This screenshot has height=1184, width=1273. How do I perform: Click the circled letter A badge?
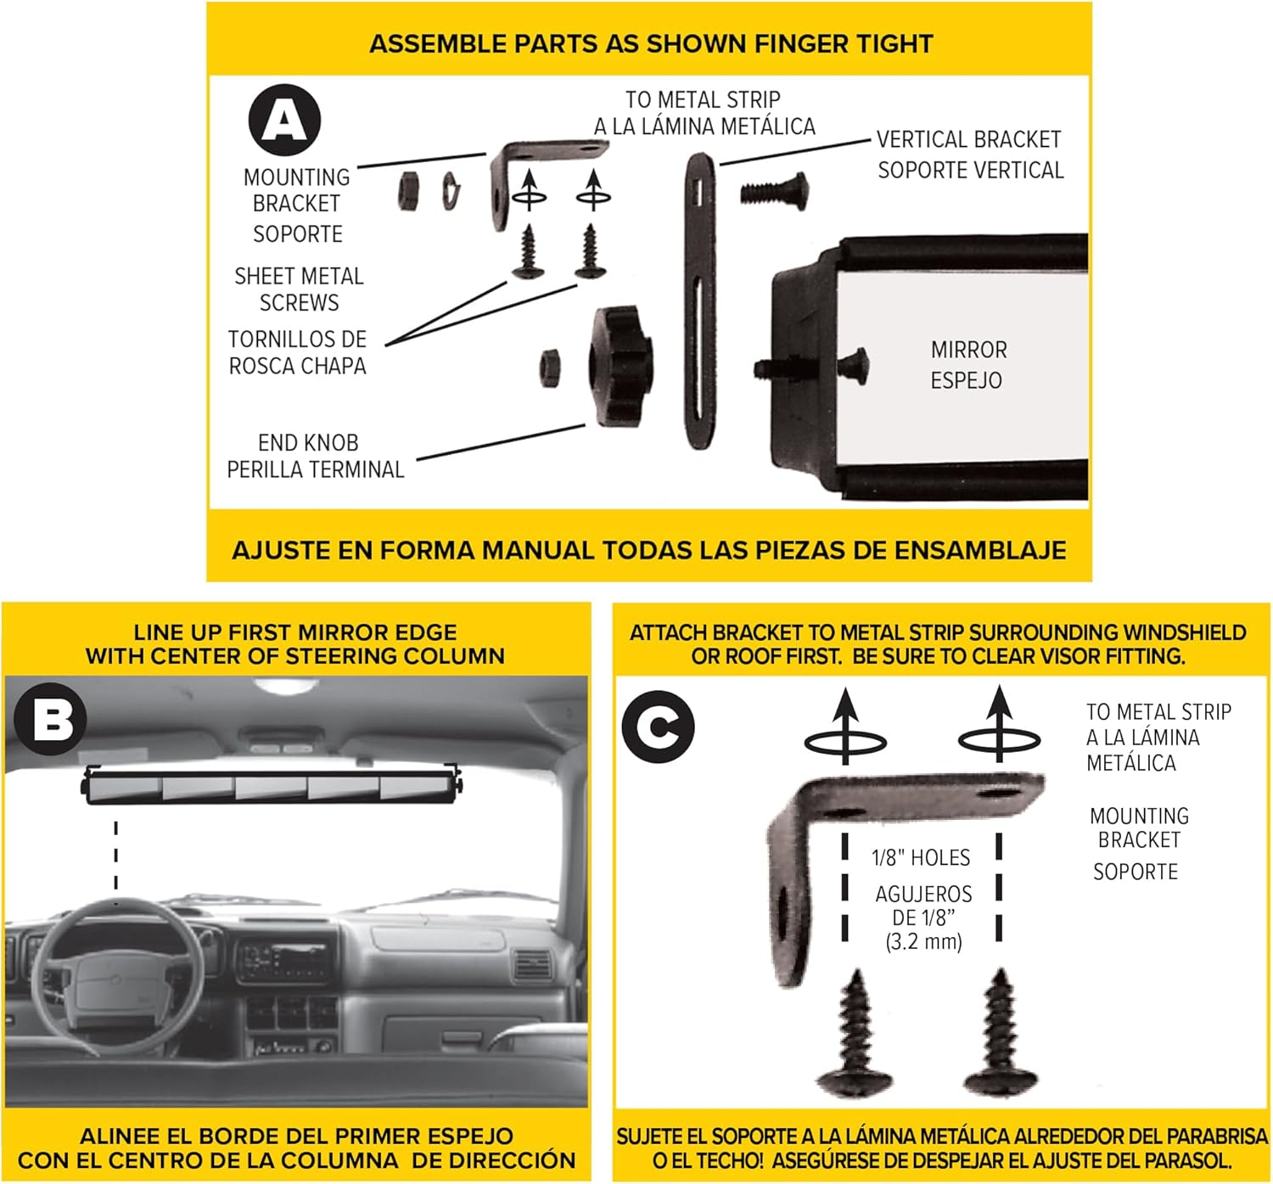pos(284,120)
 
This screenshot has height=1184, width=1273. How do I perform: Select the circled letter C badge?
pos(658,727)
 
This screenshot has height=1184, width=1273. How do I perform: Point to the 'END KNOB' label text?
pos(308,443)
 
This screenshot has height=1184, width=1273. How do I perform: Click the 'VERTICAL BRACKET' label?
pos(968,140)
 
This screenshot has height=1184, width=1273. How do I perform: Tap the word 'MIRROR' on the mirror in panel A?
pos(968,351)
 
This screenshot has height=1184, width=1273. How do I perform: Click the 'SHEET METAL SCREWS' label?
pos(299,289)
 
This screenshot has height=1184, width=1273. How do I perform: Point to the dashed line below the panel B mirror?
pos(116,853)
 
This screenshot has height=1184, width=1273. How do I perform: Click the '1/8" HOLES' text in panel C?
pos(921,858)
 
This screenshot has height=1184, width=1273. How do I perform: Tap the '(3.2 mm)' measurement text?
pos(923,941)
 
